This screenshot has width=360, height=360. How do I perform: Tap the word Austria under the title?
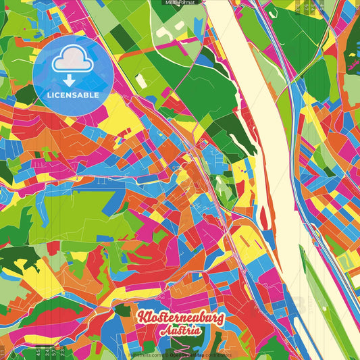(180, 332)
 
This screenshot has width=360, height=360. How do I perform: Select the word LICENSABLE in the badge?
(73, 95)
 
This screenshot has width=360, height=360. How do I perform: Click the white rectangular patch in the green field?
(140, 80)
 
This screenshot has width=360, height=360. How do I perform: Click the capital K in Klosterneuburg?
(143, 317)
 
